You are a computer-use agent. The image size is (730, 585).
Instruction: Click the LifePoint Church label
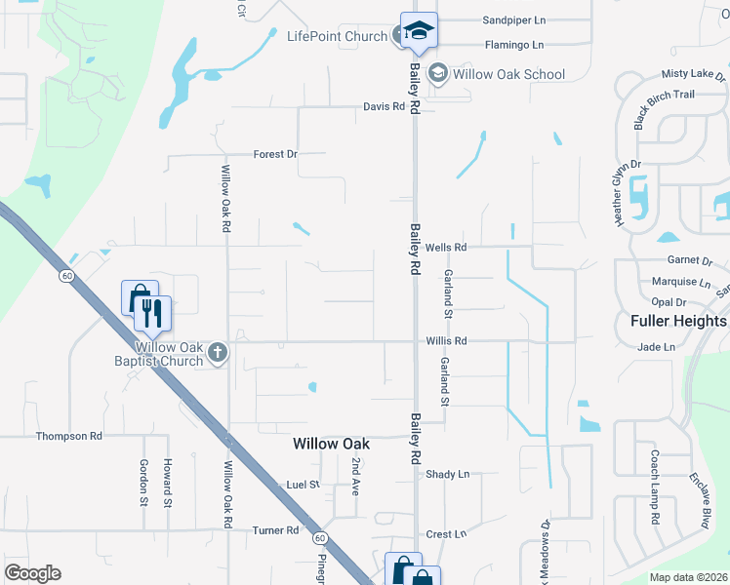337,36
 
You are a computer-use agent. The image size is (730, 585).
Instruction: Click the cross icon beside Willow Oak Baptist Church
218,353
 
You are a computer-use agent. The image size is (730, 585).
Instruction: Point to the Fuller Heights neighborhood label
678,321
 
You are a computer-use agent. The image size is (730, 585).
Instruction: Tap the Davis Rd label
384,106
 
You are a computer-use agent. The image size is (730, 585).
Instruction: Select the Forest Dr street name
274,154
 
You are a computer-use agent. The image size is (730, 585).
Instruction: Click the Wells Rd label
447,248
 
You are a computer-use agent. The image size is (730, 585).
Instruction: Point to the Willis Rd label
447,341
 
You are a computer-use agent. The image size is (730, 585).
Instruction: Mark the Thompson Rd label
69,436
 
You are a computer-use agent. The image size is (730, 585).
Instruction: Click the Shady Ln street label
448,474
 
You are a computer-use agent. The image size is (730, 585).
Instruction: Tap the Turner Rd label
275,530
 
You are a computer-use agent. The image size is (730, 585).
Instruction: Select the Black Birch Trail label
665,107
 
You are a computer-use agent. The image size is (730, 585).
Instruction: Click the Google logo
32,573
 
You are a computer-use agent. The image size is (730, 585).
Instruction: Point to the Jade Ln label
656,347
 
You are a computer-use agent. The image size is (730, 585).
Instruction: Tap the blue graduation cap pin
419,30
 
